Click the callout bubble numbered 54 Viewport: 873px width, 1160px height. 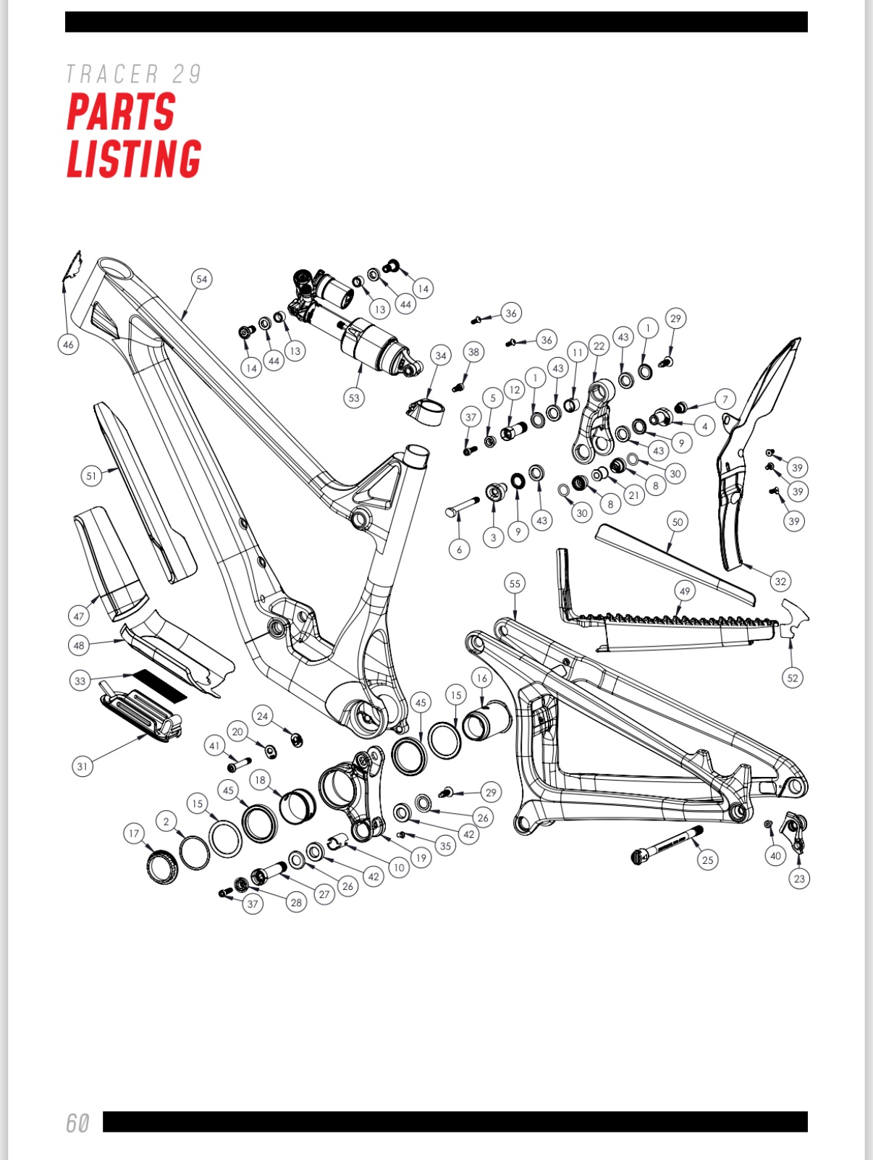202,279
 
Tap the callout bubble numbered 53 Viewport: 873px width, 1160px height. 354,398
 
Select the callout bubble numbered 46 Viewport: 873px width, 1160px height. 68,345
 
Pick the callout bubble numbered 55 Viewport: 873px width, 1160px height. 515,584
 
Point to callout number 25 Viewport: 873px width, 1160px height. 708,860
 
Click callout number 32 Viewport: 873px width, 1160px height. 780,581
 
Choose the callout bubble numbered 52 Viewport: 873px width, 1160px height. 792,678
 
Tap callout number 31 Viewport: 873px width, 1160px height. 83,766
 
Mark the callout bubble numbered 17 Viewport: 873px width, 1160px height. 134,833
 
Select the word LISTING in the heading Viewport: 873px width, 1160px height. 134,158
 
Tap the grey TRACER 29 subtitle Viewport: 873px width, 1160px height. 134,74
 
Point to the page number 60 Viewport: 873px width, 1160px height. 77,1123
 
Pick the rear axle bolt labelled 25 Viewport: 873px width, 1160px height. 667,844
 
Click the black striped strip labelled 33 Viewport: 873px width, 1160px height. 159,686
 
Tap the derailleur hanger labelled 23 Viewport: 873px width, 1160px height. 796,831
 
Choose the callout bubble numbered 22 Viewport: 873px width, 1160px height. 599,345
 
